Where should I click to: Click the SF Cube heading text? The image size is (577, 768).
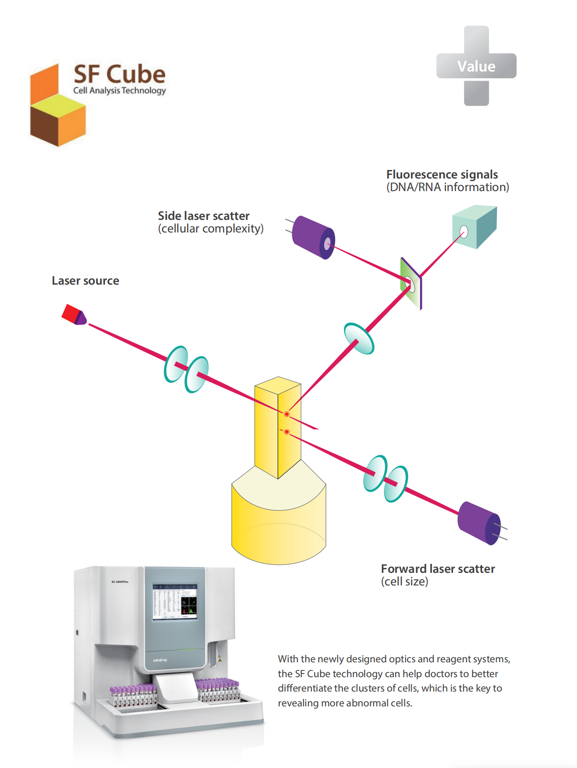pos(120,74)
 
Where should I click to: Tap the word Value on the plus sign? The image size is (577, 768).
pos(476,67)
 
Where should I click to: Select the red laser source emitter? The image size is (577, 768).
pos(73,314)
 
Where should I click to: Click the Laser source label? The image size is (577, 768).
pos(85,281)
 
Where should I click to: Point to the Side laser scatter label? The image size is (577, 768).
pos(203,216)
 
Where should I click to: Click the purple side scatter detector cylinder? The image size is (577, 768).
pos(313,237)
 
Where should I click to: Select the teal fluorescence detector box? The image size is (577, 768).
pos(474,227)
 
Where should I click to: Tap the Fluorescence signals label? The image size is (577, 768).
pos(442,174)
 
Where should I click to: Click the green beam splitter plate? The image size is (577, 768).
pos(411,283)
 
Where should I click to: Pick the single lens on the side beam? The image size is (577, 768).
pos(358,339)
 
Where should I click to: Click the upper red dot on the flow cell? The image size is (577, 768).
pos(286,414)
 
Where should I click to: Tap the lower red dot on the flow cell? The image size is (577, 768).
pos(286,432)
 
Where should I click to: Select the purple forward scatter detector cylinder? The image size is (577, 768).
pos(479,523)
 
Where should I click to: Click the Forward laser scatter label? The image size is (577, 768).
pos(438,569)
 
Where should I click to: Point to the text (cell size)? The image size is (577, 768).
pos(404,581)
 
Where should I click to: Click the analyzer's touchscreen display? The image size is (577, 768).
pos(174,602)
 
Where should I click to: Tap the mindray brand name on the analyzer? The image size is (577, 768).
pos(160,660)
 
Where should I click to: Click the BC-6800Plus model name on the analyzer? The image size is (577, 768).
pos(120,582)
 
